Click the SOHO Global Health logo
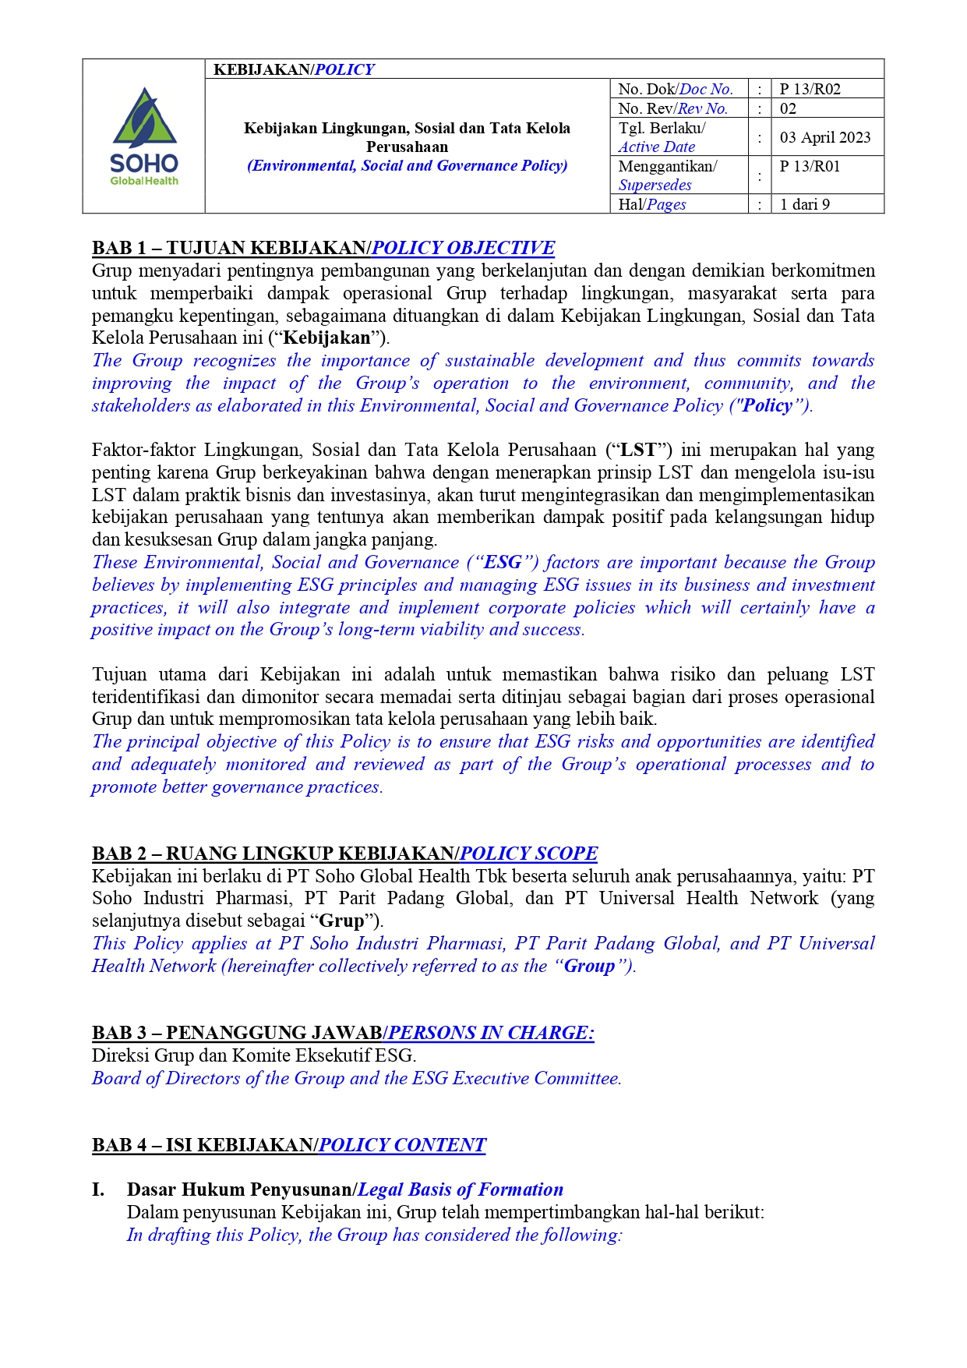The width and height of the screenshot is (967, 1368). point(144,136)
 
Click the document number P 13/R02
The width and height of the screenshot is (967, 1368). point(810,89)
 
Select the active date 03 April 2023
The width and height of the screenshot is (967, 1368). point(824,137)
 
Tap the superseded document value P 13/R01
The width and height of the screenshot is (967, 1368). point(810,166)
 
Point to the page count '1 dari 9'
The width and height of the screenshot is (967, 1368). point(804,204)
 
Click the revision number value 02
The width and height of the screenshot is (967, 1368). point(788,108)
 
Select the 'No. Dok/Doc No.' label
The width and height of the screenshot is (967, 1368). point(675,89)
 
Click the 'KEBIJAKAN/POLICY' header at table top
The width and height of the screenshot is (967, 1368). point(294,69)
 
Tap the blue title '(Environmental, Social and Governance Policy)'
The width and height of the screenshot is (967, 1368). point(407,165)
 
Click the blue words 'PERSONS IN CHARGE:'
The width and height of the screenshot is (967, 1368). point(491,1033)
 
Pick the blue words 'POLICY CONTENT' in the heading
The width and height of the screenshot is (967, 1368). point(402,1145)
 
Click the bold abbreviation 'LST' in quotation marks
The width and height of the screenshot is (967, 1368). point(638,450)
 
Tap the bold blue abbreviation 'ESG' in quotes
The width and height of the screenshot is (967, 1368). point(503,563)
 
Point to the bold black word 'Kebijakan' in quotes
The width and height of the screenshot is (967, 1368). point(326,338)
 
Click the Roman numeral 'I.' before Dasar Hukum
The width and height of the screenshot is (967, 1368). point(98,1189)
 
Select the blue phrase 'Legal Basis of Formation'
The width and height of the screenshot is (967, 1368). point(460,1189)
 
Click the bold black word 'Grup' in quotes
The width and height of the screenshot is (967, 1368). point(342,921)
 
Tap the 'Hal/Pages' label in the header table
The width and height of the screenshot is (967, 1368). point(652,204)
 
